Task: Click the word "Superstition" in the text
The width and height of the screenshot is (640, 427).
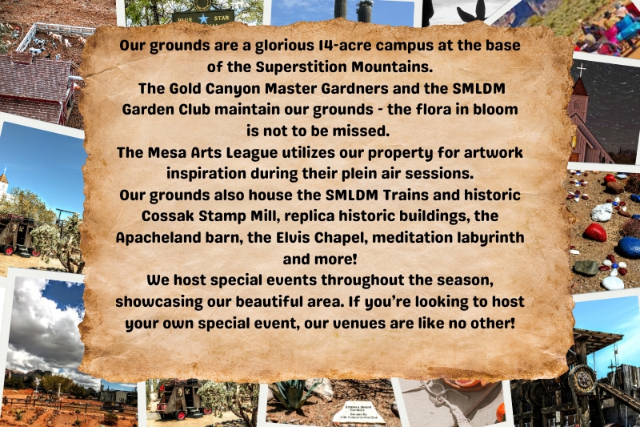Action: pos(302,67)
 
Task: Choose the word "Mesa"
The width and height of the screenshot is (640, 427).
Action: pos(166,153)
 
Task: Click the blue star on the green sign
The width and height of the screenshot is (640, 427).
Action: pos(203,18)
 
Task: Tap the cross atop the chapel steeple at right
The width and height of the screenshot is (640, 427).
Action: pos(582,70)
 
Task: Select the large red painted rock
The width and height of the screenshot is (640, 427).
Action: pos(594,232)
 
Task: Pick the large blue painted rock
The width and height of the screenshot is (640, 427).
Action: pos(629,248)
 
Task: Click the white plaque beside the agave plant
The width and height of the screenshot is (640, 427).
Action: pos(358,413)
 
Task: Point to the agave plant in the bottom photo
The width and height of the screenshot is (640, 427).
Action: pos(291,394)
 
